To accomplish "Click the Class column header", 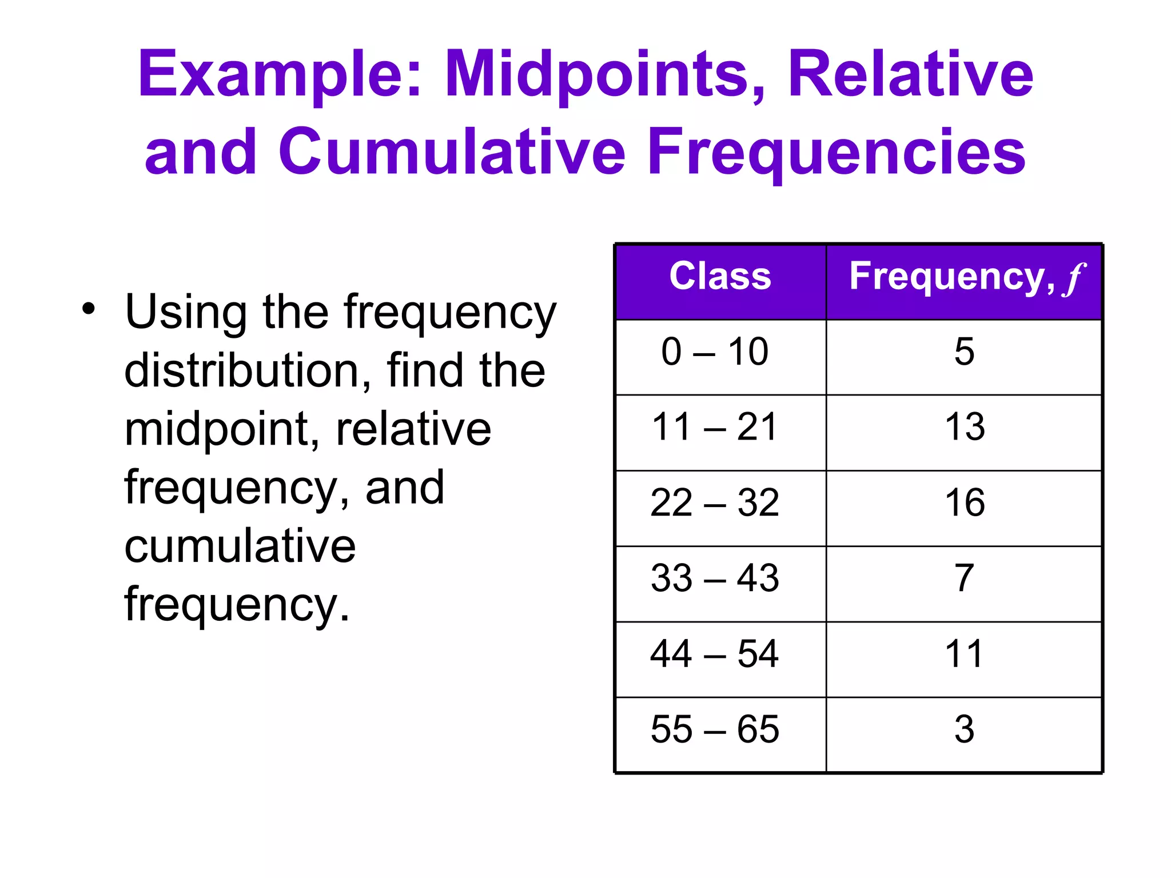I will tap(720, 277).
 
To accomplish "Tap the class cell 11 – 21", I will tap(715, 426).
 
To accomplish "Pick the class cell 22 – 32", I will tap(715, 502).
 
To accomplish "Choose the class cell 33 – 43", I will tap(715, 578).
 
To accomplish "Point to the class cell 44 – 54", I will tap(715, 653).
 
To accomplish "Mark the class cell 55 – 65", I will tap(715, 729).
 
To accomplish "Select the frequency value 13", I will tap(965, 426).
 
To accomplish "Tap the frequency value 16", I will tap(965, 502).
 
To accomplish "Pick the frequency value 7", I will tap(964, 578).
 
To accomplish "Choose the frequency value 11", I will tap(964, 653).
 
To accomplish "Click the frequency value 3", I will tap(964, 729).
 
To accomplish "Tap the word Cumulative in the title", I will tap(452, 152).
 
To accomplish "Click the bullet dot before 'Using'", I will tap(88, 309).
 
